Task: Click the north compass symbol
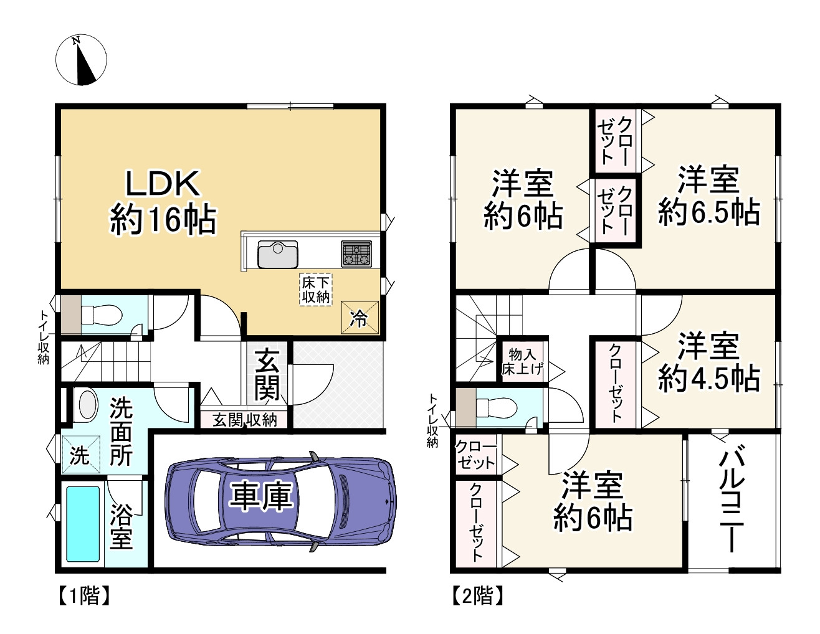[x=81, y=60]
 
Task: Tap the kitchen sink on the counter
[x=278, y=254]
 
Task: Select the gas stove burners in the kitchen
[x=356, y=254]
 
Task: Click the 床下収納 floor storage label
[x=315, y=289]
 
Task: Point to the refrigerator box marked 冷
[x=360, y=317]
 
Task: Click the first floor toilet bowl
[x=101, y=315]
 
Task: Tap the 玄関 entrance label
[x=267, y=374]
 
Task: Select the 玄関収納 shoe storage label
[x=244, y=420]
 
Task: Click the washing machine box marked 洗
[x=81, y=455]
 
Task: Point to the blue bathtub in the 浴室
[x=83, y=524]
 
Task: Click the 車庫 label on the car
[x=261, y=496]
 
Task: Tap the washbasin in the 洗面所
[x=87, y=405]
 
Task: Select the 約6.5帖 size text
[x=708, y=212]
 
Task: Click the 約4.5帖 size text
[x=708, y=377]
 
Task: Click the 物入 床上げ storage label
[x=522, y=361]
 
